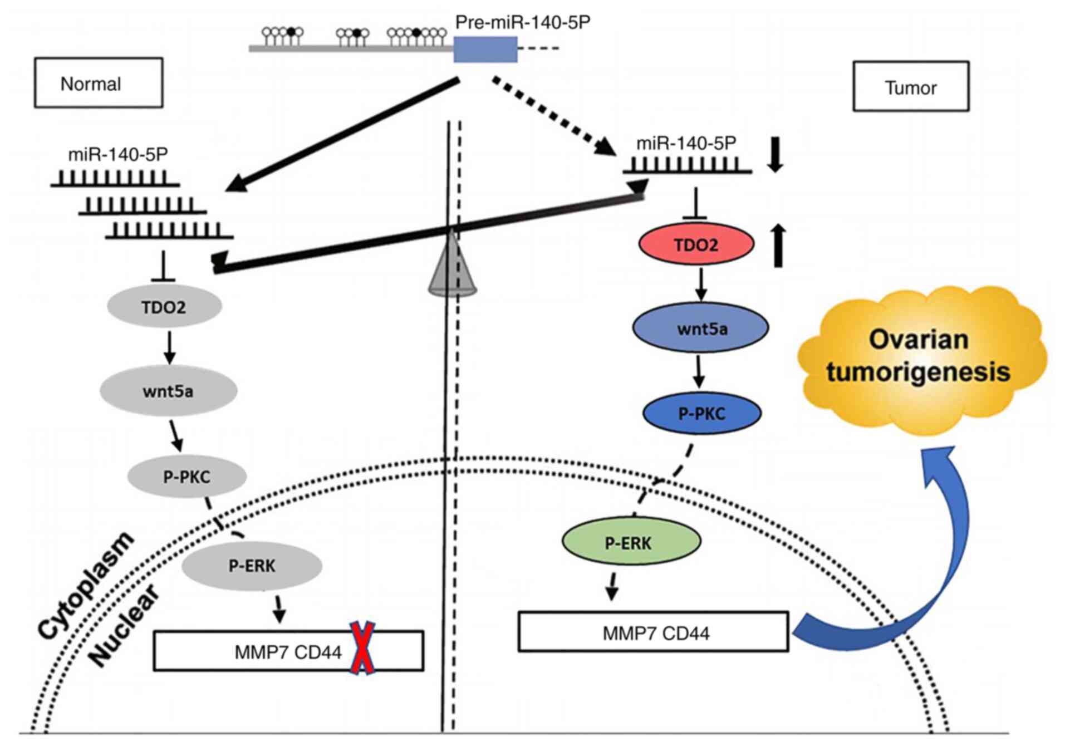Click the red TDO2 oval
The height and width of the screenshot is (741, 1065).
point(696,244)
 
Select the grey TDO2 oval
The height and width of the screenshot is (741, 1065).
point(164,306)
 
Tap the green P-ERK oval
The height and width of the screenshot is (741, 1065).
point(630,542)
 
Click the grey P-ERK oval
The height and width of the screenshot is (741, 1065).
point(252,566)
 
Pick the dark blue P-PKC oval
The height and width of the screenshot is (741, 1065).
point(701,413)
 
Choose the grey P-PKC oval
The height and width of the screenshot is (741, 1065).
point(187,477)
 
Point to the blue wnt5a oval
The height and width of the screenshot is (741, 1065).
point(701,328)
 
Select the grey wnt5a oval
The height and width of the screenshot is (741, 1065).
point(168,391)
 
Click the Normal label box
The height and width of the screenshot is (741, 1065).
point(99,83)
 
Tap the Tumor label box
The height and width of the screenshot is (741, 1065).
point(911,87)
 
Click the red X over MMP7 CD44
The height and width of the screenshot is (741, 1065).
point(362,649)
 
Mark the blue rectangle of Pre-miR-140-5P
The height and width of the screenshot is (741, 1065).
point(485,49)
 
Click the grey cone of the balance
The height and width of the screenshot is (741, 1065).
point(452,267)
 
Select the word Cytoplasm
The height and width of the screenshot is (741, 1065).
point(86,585)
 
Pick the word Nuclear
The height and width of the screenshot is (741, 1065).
point(124,626)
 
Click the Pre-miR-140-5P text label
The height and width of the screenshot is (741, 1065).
point(522,22)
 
